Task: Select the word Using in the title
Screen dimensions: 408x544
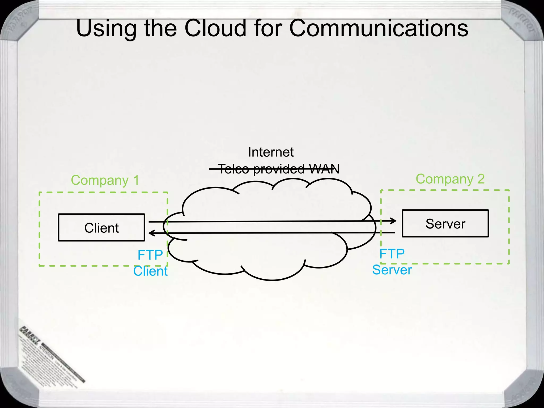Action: tap(106, 29)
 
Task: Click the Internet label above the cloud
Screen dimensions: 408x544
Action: tap(271, 152)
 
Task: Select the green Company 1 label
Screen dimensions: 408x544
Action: tap(105, 180)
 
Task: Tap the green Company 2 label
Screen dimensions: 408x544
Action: tap(450, 179)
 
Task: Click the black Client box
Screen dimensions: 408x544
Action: tap(101, 228)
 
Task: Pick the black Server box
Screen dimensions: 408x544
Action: tap(445, 224)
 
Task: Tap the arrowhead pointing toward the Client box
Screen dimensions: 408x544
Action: tap(151, 233)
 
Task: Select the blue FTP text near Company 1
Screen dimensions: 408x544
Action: tap(150, 255)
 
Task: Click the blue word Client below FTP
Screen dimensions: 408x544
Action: tap(150, 271)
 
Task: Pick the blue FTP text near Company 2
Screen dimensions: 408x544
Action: tap(392, 254)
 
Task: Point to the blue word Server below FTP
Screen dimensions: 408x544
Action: tap(392, 270)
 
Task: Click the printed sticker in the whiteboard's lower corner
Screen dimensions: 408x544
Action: tap(50, 356)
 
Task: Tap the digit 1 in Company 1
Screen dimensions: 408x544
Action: tap(136, 180)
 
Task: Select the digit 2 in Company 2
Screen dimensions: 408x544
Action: tap(481, 179)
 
